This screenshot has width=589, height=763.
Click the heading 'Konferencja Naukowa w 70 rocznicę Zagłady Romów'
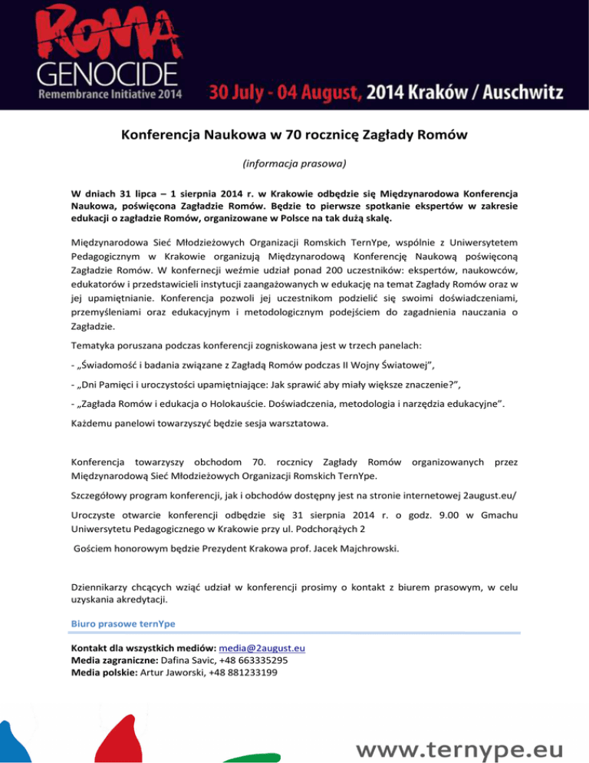coord(294,138)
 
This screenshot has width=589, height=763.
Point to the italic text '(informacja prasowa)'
coord(294,163)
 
